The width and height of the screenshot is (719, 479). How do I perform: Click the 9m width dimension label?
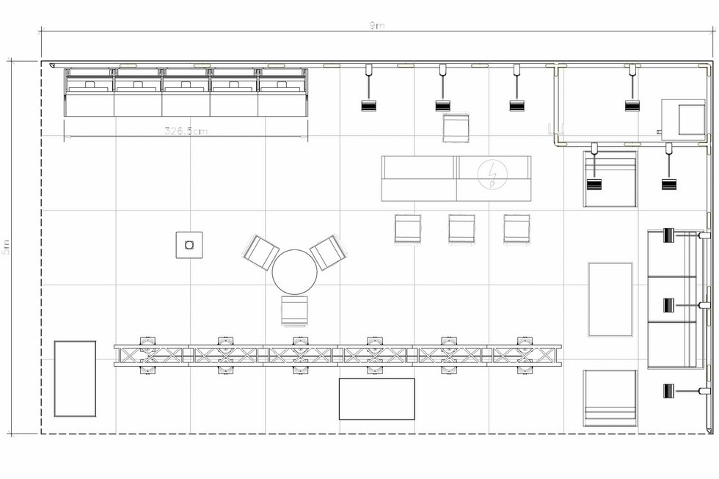pyautogui.click(x=376, y=26)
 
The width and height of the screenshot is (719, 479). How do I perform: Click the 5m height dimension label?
pyautogui.click(x=7, y=247)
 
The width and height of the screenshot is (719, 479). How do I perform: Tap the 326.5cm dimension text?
pyautogui.click(x=186, y=132)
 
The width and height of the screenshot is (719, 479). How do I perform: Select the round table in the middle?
pyautogui.click(x=294, y=271)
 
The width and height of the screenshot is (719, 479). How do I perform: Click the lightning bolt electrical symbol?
pyautogui.click(x=491, y=174)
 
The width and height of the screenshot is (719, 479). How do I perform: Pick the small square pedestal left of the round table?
pyautogui.click(x=189, y=244)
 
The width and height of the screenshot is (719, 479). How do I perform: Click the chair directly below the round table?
pyautogui.click(x=293, y=310)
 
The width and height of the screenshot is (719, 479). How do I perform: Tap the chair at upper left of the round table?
pyautogui.click(x=260, y=252)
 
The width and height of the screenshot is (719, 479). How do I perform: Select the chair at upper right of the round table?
pyautogui.click(x=328, y=252)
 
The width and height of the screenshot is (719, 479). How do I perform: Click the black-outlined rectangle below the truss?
pyautogui.click(x=376, y=399)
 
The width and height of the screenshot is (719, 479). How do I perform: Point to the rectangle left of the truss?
pyautogui.click(x=75, y=379)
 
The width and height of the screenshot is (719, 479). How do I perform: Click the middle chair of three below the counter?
pyautogui.click(x=461, y=229)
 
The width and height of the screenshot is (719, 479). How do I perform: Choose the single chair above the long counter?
pyautogui.click(x=456, y=126)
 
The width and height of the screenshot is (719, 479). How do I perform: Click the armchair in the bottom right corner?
pyautogui.click(x=610, y=398)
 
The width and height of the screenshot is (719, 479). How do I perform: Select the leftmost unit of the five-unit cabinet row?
pyautogui.click(x=89, y=92)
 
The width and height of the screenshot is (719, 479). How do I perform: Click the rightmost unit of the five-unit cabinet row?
pyautogui.click(x=282, y=92)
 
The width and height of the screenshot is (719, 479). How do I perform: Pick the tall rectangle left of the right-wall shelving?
pyautogui.click(x=610, y=299)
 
